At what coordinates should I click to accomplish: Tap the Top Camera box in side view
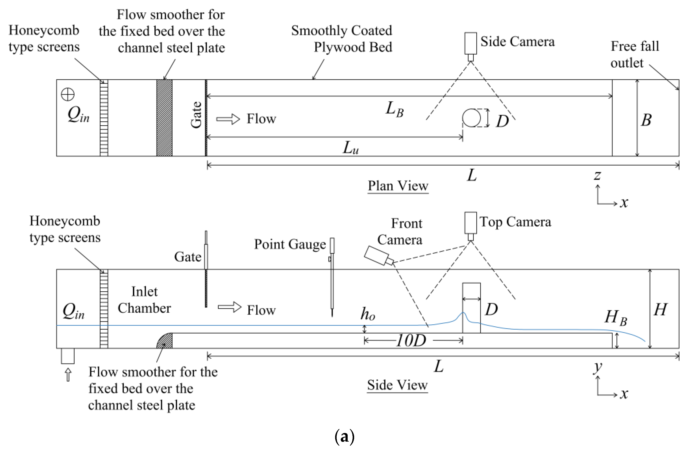pos(470,223)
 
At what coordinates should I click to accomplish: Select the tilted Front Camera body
pos(376,255)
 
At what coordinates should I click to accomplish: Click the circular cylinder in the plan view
pos(472,118)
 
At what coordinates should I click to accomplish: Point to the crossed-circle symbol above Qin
pos(68,95)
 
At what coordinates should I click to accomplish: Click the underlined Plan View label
pos(398,186)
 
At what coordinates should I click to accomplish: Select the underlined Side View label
pos(397,385)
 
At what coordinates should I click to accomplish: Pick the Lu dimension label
pos(350,148)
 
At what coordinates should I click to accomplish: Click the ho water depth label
pos(368,314)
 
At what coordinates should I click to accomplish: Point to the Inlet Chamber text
pos(144,300)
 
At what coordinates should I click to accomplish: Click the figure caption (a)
pos(345,436)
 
